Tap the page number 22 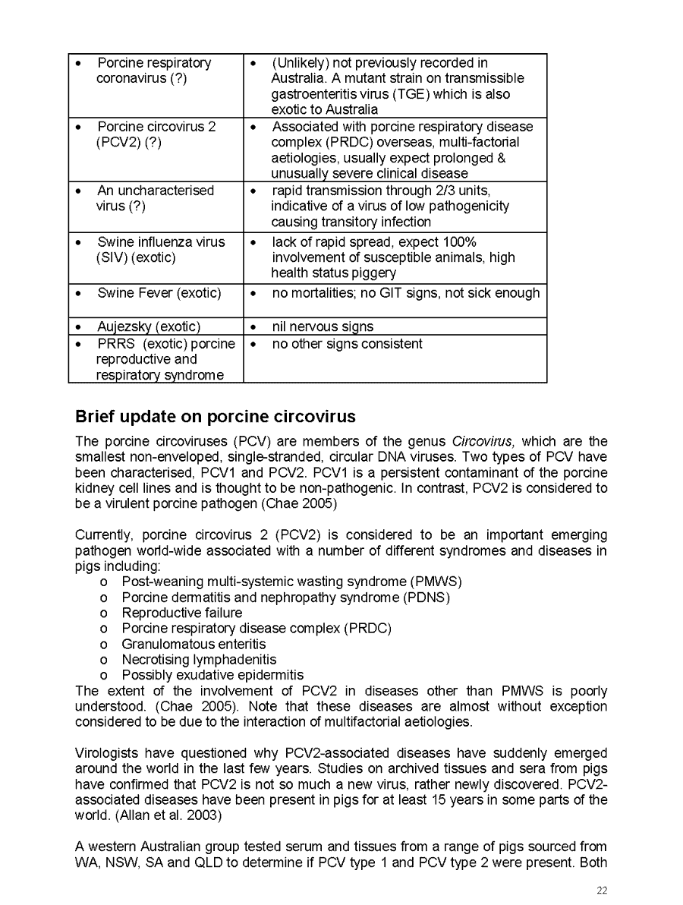point(601,891)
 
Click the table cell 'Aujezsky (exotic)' point(148,326)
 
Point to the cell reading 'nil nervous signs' point(323,326)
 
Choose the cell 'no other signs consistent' point(347,344)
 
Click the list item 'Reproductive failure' point(181,613)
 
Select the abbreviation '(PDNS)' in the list point(424,598)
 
